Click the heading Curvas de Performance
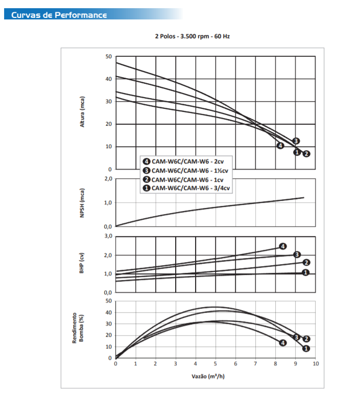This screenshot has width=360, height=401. click(x=59, y=14)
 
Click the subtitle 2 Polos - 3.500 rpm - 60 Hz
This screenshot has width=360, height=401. click(x=193, y=37)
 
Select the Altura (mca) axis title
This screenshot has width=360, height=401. click(x=82, y=112)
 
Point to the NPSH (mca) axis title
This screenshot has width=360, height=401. click(x=82, y=203)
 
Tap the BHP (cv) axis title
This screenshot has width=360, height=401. click(x=82, y=264)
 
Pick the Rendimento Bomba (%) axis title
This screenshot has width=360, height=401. click(x=78, y=328)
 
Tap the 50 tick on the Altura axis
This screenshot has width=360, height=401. click(x=108, y=56)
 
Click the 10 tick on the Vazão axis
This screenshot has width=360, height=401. click(x=316, y=364)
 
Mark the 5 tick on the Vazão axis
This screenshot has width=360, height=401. click(x=215, y=364)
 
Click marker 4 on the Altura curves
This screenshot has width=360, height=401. click(x=280, y=146)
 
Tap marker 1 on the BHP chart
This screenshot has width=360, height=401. click(x=305, y=273)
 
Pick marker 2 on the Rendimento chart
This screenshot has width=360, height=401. click(x=306, y=339)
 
